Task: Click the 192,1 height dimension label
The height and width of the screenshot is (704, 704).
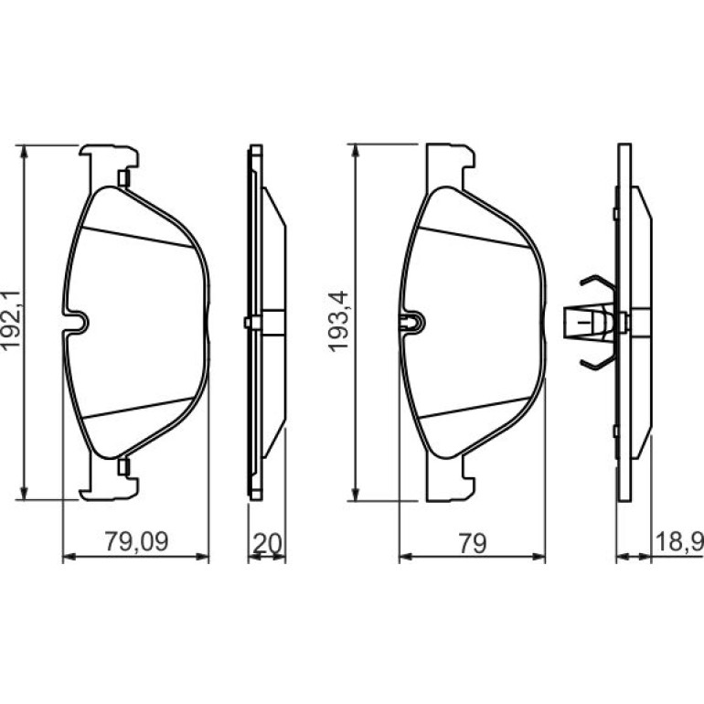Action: [11, 319]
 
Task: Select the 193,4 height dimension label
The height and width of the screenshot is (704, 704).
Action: [338, 320]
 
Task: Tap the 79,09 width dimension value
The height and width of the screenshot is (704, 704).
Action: [136, 542]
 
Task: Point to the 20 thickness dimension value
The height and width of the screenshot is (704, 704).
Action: [267, 543]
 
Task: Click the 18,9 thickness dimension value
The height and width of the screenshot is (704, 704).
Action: [679, 541]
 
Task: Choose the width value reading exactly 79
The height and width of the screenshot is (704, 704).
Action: [473, 543]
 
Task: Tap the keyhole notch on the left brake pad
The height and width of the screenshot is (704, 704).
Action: [75, 322]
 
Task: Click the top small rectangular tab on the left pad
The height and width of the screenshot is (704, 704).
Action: [123, 178]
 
